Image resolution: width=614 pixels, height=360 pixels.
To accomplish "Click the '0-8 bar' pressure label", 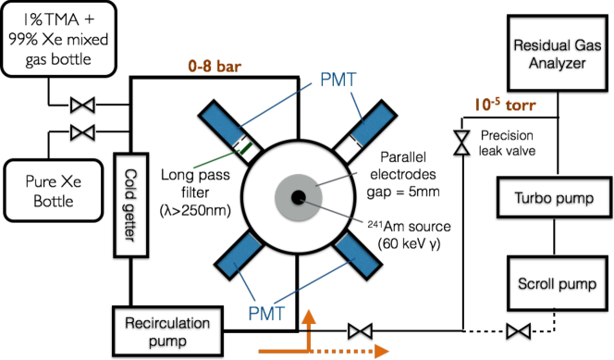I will (x=215, y=67).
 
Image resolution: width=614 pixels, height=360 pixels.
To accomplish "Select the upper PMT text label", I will (x=338, y=80).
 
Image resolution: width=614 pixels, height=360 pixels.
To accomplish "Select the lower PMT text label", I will (x=266, y=314).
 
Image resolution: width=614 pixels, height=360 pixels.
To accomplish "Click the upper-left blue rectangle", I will (x=222, y=124).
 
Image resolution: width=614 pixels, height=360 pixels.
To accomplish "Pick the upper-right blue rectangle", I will (x=373, y=125).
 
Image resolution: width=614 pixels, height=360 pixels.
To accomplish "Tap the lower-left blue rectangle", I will (x=239, y=254).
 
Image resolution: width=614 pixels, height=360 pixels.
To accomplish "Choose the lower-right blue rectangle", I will (x=357, y=254).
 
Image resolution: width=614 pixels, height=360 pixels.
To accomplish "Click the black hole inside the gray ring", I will (x=298, y=197).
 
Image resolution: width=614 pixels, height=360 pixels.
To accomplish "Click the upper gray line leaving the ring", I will (x=337, y=179).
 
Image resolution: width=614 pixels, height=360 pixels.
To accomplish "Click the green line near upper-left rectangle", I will (x=215, y=159).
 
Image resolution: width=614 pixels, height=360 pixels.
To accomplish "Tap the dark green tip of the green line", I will (x=246, y=147).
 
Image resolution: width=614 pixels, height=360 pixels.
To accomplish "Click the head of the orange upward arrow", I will (x=308, y=317).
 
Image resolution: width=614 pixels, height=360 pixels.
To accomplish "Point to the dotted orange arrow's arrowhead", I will (x=381, y=351).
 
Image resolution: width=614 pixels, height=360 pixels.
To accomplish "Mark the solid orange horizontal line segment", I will (x=282, y=351).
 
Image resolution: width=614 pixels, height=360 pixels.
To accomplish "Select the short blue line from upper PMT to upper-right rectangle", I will (x=355, y=106).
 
